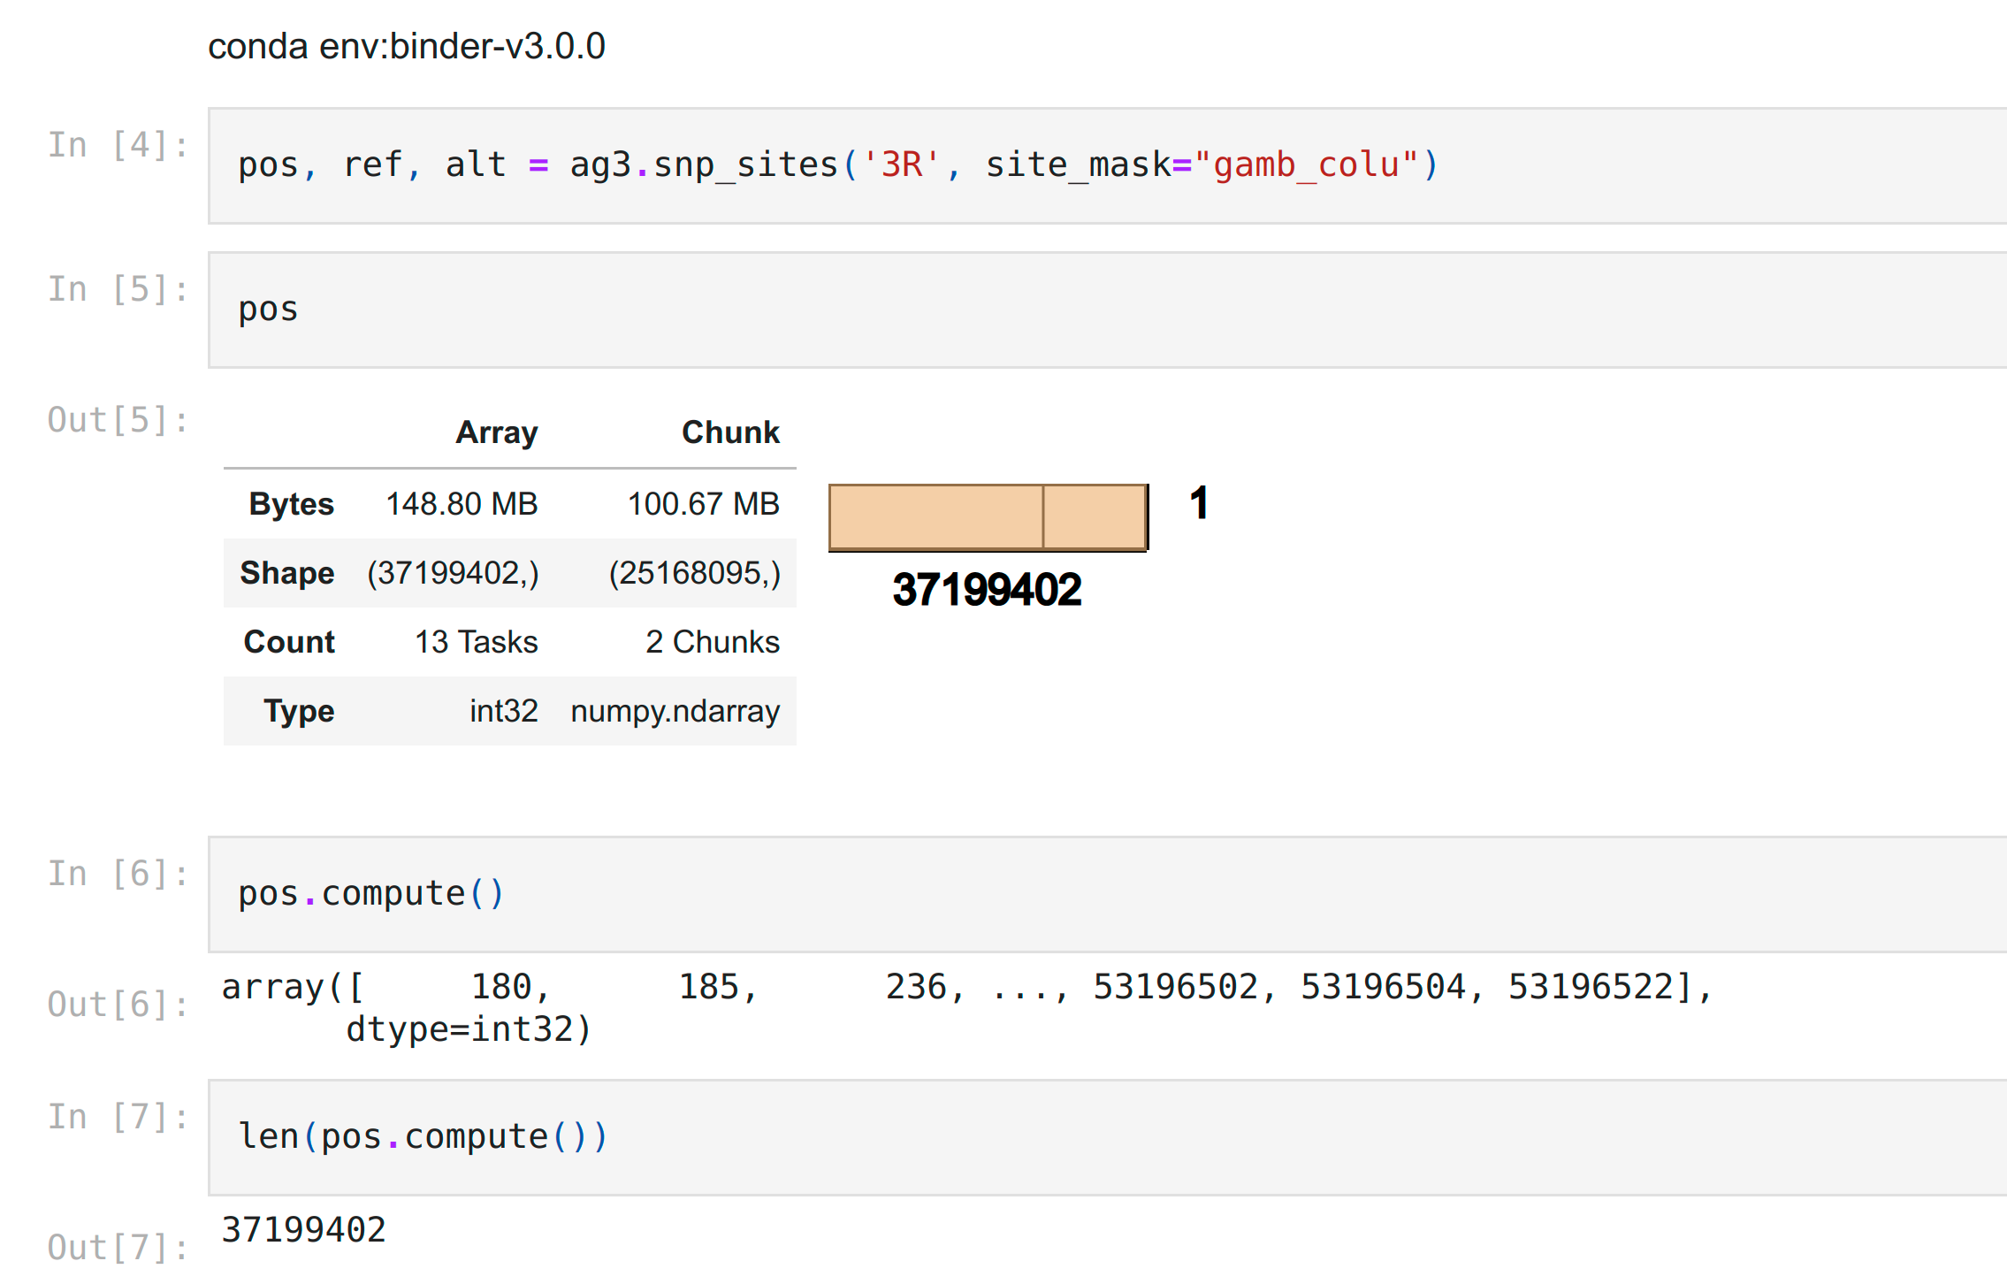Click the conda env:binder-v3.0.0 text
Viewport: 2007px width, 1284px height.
click(x=406, y=46)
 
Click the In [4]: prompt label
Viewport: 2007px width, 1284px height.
click(x=118, y=145)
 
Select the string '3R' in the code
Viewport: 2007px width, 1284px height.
click(x=901, y=165)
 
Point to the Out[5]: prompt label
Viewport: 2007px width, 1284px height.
click(x=118, y=420)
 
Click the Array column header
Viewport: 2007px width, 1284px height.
click(x=496, y=432)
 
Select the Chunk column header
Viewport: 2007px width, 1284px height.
click(x=730, y=432)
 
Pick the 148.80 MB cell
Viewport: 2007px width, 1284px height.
click(x=462, y=504)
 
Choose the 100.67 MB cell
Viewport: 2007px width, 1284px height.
click(x=703, y=504)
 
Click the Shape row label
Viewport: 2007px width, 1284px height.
click(x=286, y=573)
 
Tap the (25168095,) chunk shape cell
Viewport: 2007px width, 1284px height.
click(x=694, y=573)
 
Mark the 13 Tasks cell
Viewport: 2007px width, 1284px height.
click(x=476, y=642)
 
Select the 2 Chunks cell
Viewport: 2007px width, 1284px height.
click(x=712, y=642)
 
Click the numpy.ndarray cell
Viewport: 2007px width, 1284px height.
click(x=675, y=711)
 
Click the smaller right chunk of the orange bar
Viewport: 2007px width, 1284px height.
click(x=1095, y=517)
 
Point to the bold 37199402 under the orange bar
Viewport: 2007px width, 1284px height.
click(x=987, y=590)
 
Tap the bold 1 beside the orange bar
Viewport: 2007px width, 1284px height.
click(x=1199, y=503)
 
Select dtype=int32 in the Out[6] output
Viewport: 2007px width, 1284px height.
click(x=469, y=1029)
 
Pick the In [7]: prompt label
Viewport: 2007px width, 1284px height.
click(x=118, y=1117)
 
